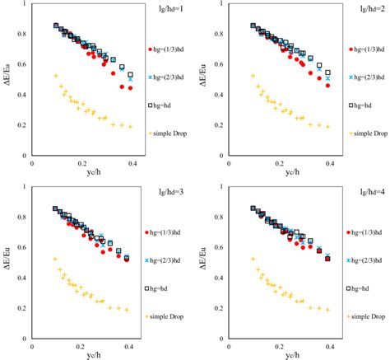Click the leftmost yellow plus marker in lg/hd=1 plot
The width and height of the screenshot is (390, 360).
(x=56, y=76)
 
